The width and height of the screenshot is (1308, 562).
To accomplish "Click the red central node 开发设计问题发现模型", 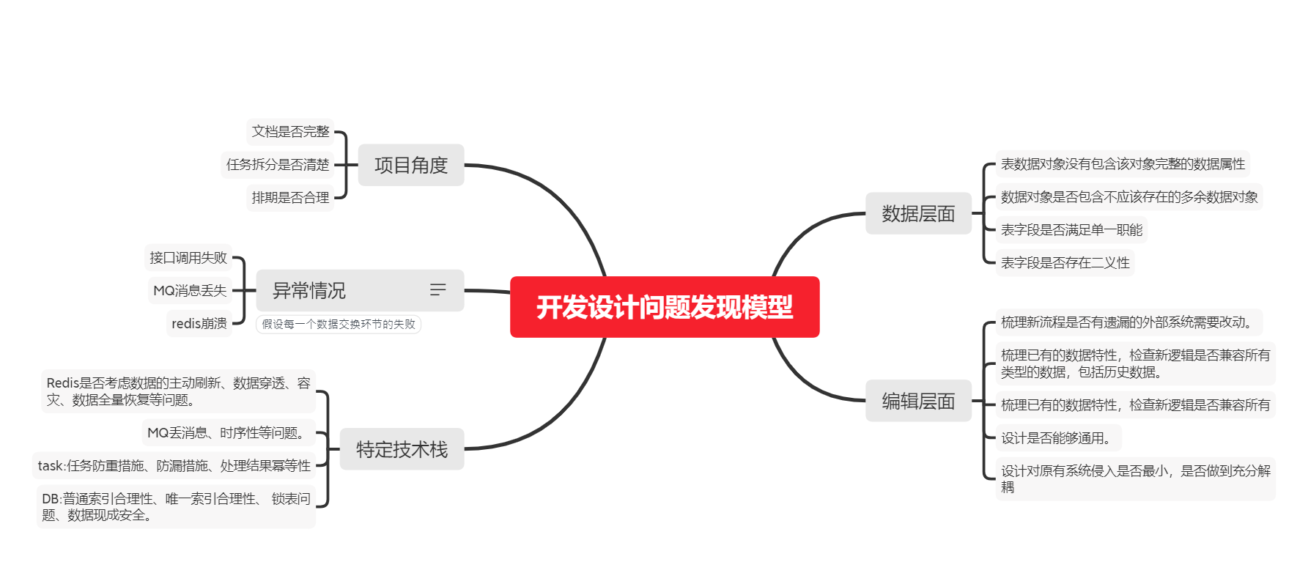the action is [664, 307].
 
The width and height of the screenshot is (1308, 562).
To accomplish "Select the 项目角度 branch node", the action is [410, 165].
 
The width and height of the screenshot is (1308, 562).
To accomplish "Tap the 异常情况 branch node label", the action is [309, 291].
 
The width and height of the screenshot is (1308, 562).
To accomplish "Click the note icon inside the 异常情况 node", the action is [437, 290].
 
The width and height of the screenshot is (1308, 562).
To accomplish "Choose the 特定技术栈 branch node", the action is [402, 449].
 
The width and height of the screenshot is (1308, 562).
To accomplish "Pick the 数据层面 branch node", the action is [918, 214].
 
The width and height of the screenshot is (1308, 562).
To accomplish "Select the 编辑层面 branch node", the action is [918, 401].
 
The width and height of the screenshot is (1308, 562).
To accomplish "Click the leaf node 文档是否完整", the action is [290, 132].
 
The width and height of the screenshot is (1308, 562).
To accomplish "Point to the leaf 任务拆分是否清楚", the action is [278, 165].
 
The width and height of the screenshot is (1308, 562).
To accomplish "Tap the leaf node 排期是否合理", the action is [290, 198].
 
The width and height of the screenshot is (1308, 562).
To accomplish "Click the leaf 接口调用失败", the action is [188, 258].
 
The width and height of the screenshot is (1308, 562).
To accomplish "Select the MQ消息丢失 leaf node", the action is [190, 291].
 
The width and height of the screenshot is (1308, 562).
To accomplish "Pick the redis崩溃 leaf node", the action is [199, 324].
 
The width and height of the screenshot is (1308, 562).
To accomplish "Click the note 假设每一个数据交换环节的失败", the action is [339, 325].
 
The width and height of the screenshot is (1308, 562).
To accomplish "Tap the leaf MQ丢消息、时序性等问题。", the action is [228, 433].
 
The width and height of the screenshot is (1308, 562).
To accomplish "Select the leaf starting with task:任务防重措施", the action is [174, 466].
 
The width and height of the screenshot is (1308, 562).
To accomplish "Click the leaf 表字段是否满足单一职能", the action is [1071, 230].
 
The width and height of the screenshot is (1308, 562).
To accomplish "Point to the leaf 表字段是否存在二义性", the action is [1065, 263].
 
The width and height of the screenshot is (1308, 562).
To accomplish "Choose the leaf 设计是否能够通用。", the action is [1057, 438].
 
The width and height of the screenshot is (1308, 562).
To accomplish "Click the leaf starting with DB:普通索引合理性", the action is [176, 507].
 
